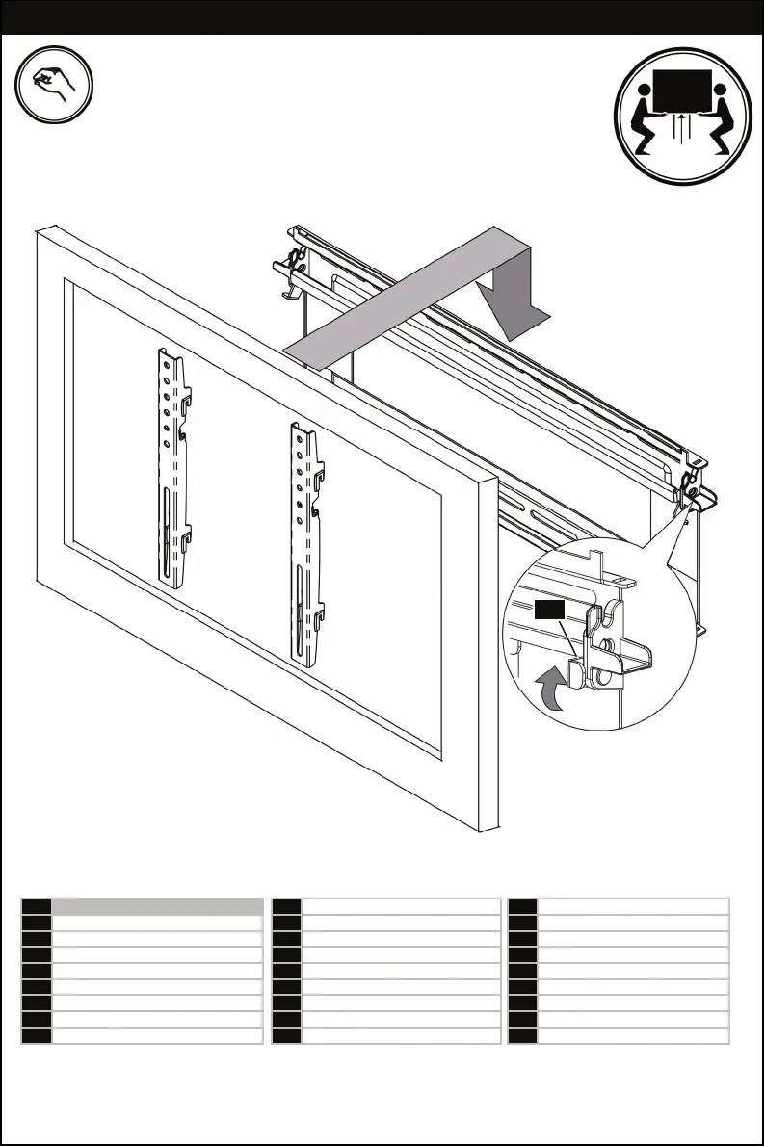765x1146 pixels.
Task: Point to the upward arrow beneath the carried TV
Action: [681, 128]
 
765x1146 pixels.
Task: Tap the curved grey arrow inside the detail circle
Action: [550, 690]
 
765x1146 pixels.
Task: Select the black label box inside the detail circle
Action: [548, 609]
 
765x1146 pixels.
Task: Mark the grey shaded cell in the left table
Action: [157, 906]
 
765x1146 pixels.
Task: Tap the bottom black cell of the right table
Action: [521, 1036]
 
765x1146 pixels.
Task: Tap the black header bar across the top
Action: [382, 18]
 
